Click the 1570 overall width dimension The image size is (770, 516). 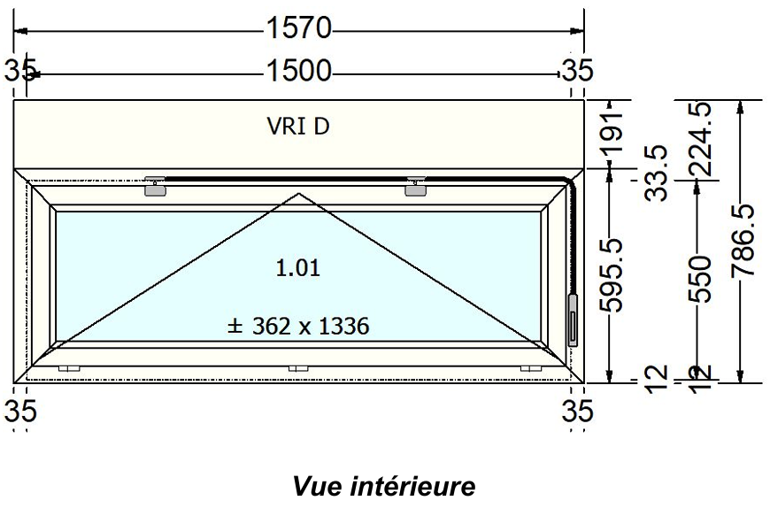pos(298,30)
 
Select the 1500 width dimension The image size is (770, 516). pos(298,71)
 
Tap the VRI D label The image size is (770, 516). pos(298,127)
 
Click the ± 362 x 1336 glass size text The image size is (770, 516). pos(298,326)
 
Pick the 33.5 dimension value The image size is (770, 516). pos(655,173)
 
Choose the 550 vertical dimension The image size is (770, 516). pos(699,278)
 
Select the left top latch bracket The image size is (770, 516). pos(155,186)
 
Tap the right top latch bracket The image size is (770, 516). pos(416,186)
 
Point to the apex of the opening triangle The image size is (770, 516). pos(299,193)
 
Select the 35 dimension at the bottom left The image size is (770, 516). pos(20,411)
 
